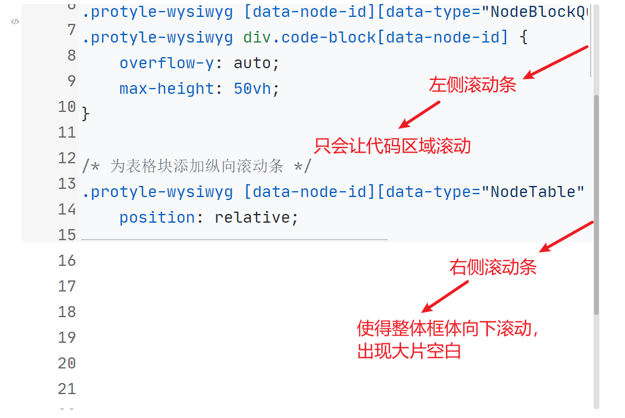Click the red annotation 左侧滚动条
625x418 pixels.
click(x=473, y=85)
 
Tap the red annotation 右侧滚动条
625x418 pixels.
click(x=493, y=268)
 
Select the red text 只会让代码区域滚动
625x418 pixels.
click(x=392, y=145)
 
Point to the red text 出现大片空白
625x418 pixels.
click(x=409, y=352)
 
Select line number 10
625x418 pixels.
click(x=67, y=107)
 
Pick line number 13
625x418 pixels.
click(x=67, y=184)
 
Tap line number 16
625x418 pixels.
click(x=67, y=261)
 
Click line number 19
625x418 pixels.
click(x=67, y=338)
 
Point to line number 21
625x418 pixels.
click(x=67, y=389)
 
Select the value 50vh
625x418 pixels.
click(x=252, y=89)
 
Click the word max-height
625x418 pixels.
click(x=167, y=89)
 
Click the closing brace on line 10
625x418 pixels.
click(x=86, y=114)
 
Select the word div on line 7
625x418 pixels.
click(x=257, y=37)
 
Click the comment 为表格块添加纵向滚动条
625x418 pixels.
click(x=196, y=166)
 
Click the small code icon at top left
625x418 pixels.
click(x=15, y=22)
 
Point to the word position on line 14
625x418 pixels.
click(x=157, y=217)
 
